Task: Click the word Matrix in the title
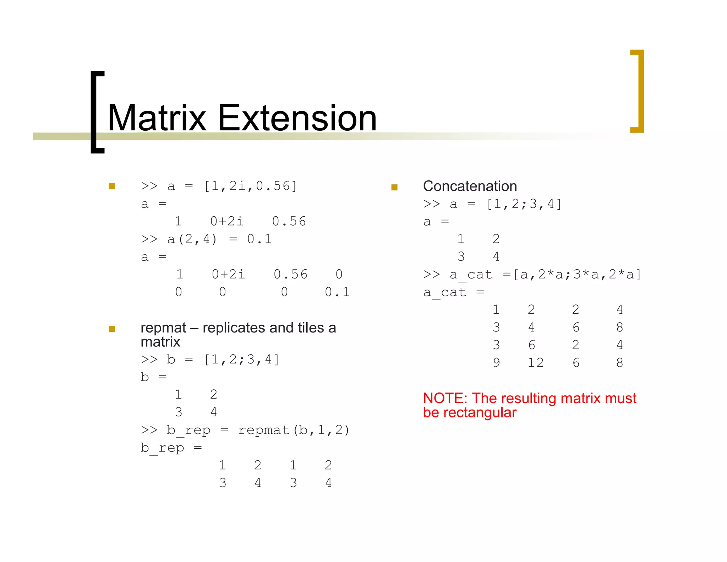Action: [157, 118]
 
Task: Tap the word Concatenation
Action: [470, 186]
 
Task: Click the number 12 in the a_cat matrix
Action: [535, 363]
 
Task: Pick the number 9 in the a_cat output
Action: [496, 363]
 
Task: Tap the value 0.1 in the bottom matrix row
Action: [337, 292]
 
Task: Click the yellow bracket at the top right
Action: [638, 91]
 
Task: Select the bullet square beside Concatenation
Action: [394, 187]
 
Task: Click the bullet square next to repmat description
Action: [112, 329]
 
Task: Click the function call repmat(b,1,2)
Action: [294, 430]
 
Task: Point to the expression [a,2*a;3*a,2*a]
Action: [577, 275]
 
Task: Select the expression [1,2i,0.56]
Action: [250, 186]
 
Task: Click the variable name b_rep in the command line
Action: [188, 430]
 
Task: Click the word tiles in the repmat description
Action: [311, 328]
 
